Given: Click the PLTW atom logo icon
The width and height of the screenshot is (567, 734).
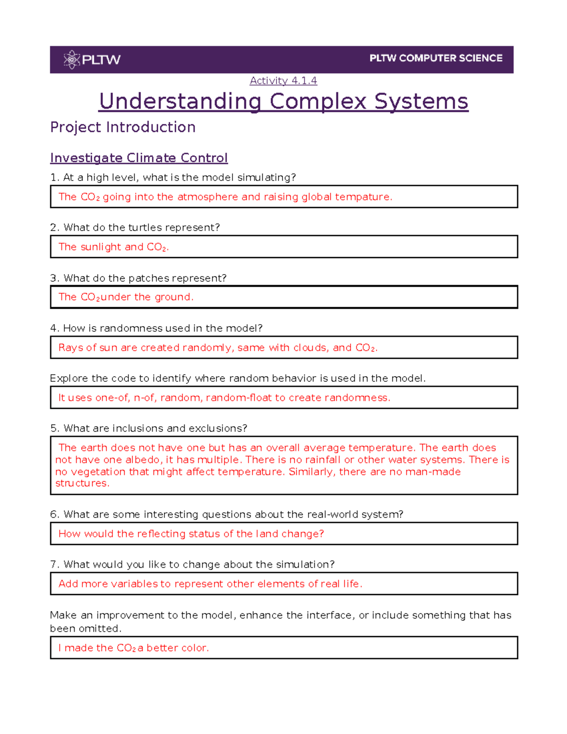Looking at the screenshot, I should coord(72,60).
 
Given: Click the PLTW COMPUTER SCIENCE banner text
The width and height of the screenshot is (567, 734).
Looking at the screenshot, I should coord(436,58).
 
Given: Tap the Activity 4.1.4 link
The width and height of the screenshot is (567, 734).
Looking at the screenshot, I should coord(283,81).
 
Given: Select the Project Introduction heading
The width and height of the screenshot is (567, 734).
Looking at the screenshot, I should coord(123,127).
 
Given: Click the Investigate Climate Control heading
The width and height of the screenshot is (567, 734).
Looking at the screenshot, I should coord(139,158).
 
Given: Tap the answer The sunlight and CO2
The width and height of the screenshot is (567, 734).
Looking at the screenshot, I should coord(113,247).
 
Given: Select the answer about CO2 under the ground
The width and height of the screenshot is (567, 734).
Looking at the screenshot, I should coord(126,297).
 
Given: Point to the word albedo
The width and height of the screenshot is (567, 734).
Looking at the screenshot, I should coord(143,460).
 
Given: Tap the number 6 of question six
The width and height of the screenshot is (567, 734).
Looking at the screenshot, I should coord(54,515).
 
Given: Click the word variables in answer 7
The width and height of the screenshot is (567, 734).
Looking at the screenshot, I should coord(135,584).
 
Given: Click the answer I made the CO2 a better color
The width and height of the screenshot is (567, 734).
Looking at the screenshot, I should coord(133,648).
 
